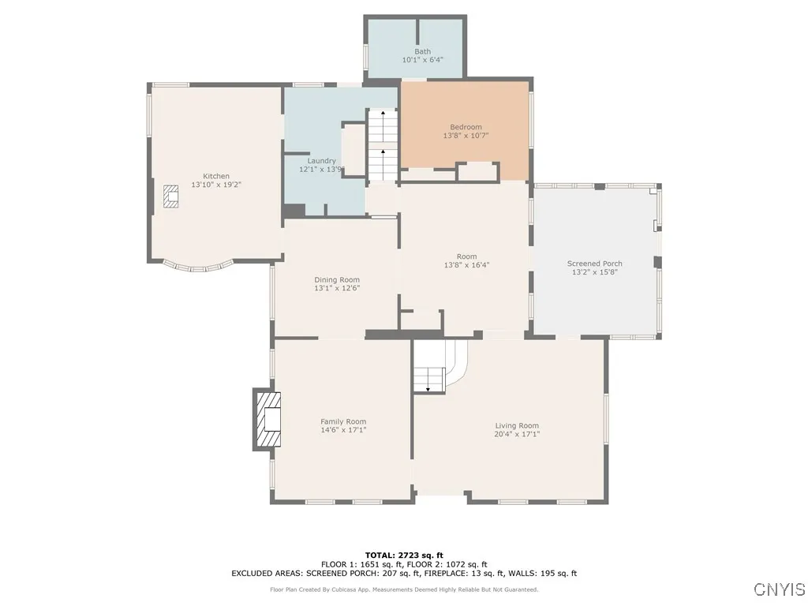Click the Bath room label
click(x=423, y=51)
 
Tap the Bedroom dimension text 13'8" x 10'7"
click(x=466, y=136)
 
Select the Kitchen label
click(x=216, y=176)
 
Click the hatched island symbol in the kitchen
click(x=171, y=196)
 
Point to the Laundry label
click(x=322, y=161)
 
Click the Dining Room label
click(x=337, y=280)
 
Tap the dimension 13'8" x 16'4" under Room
click(x=467, y=265)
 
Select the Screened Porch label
click(x=595, y=264)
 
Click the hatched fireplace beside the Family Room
click(x=268, y=419)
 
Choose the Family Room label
click(x=343, y=421)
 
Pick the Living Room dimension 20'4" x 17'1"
click(x=517, y=434)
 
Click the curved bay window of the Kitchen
click(x=198, y=267)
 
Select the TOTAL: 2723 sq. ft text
click(x=404, y=555)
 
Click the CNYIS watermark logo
click(x=780, y=589)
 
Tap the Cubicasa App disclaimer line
click(x=404, y=589)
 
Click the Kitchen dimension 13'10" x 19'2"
click(x=216, y=185)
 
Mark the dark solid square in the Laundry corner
click(x=294, y=211)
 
